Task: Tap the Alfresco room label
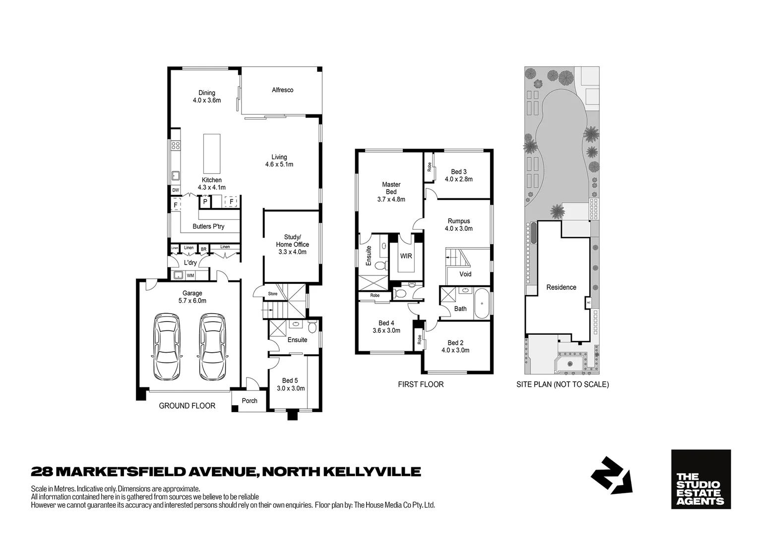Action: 282,90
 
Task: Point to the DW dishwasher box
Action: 175,190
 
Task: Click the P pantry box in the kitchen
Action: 205,202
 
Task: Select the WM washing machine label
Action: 190,275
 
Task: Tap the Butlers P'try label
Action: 208,227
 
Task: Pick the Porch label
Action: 250,401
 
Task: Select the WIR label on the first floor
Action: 406,257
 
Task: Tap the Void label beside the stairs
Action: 465,274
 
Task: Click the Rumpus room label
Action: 458,221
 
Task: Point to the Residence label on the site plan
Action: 561,287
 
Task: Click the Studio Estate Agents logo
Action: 700,479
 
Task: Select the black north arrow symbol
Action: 611,476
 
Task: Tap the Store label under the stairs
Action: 273,294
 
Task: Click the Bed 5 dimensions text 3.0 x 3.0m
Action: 291,388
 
